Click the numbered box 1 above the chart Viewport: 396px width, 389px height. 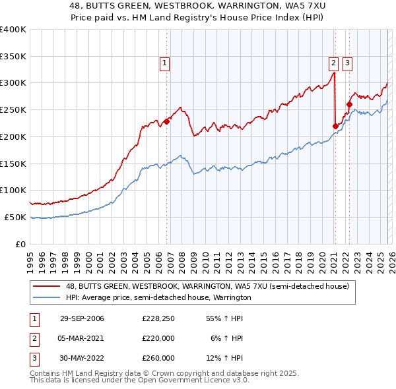tap(164, 63)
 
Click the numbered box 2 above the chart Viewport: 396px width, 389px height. tap(333, 63)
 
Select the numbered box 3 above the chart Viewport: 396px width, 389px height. tap(347, 63)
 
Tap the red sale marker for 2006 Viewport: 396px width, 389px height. tap(167, 121)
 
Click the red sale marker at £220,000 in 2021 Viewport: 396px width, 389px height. tap(335, 126)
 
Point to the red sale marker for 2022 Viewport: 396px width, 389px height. tap(350, 104)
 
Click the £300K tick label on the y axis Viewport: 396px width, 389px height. tap(13, 83)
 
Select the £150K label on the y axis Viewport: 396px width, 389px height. tap(13, 164)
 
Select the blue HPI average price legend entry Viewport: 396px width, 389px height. tap(158, 298)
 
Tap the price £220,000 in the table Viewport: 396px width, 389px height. tap(158, 338)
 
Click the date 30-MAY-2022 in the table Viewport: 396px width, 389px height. tap(82, 358)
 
